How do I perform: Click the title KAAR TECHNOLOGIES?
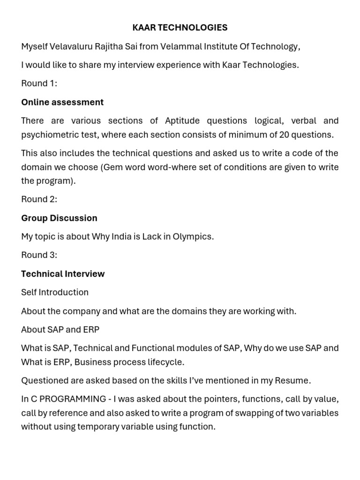[180, 28]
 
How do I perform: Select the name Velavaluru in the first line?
[73, 46]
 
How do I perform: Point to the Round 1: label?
[39, 83]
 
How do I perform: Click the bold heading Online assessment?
[62, 102]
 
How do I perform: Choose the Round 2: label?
[39, 199]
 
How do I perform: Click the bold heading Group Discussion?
[59, 218]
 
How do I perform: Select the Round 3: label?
[39, 255]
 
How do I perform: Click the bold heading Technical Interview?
[63, 274]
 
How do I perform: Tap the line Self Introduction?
[55, 292]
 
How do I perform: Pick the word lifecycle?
[165, 362]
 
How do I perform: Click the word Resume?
[294, 380]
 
